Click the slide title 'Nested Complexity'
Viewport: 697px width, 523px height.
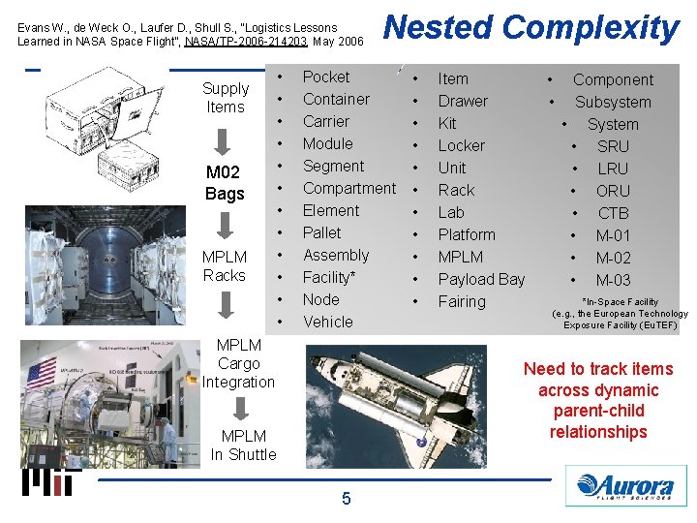[531, 28]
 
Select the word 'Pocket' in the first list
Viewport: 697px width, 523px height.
[326, 77]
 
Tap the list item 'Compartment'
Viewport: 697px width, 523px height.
[348, 188]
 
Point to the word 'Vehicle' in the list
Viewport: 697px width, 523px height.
[328, 322]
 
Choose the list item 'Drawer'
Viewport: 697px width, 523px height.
[463, 101]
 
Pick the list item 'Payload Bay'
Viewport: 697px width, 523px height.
[481, 279]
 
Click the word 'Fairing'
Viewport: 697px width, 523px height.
[462, 301]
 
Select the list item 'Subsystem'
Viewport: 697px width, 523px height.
[613, 102]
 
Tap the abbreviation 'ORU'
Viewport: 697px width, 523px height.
[613, 191]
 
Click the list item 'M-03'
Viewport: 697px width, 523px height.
[613, 280]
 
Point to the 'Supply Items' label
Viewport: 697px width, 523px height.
[226, 98]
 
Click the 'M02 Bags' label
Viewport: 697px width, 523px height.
[225, 183]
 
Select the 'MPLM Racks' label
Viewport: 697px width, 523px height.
[225, 266]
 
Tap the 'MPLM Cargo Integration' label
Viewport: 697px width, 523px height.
[238, 363]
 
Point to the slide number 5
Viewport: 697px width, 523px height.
[346, 499]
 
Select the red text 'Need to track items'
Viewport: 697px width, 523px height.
[597, 369]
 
